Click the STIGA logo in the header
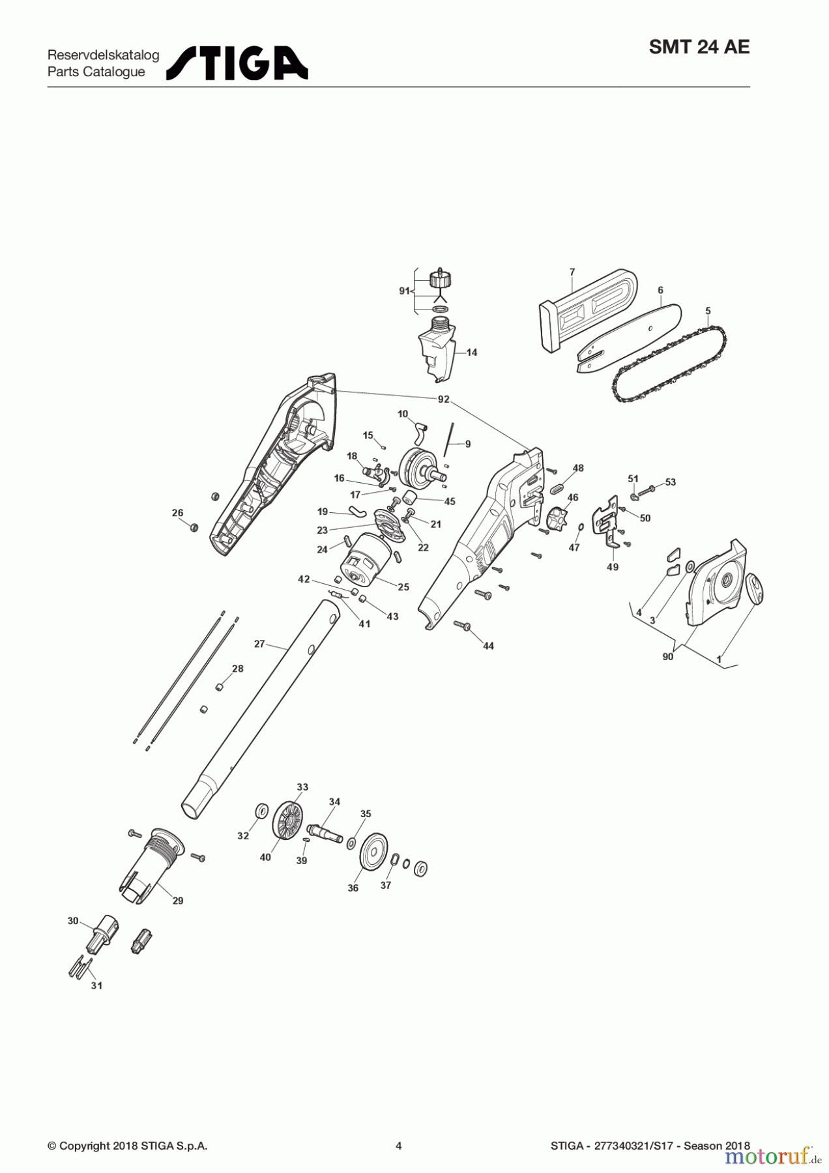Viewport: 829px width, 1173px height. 237,63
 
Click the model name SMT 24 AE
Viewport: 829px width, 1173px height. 699,48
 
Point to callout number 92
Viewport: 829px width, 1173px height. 443,399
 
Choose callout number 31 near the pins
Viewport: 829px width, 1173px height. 96,986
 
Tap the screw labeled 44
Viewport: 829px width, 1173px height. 463,626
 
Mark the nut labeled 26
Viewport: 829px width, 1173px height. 194,527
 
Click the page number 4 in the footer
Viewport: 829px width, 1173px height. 399,1146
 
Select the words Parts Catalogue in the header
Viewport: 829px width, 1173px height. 96,72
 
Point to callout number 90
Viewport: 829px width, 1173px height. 667,657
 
